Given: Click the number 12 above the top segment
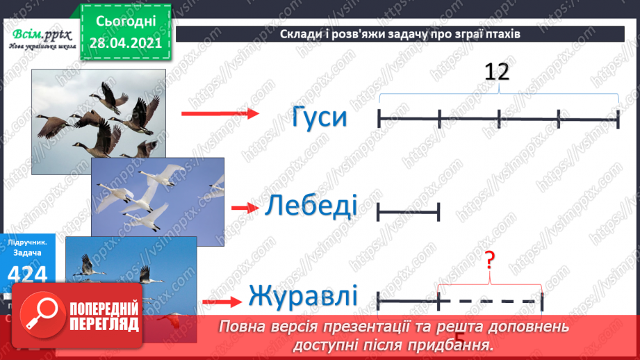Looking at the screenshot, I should [498, 72].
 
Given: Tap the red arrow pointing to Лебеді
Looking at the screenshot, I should [243, 208].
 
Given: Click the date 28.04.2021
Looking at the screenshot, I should [125, 43].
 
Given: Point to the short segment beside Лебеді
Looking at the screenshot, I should [409, 211].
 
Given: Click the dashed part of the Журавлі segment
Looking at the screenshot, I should [490, 302].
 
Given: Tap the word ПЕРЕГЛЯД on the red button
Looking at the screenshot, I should [104, 324].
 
